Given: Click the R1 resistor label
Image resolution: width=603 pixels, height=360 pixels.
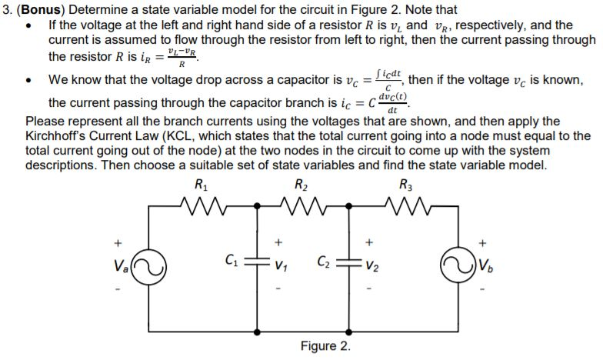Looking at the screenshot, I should click(x=202, y=185).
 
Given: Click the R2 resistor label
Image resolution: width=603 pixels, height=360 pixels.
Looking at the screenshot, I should click(x=301, y=185).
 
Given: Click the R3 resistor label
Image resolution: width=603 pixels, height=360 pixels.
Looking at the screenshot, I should click(x=405, y=185).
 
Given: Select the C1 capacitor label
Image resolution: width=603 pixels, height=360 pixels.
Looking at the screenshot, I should click(x=231, y=262).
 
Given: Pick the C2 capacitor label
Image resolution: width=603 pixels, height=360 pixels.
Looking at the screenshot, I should click(x=327, y=262).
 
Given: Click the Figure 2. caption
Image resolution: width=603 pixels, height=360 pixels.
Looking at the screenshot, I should click(x=324, y=345).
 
